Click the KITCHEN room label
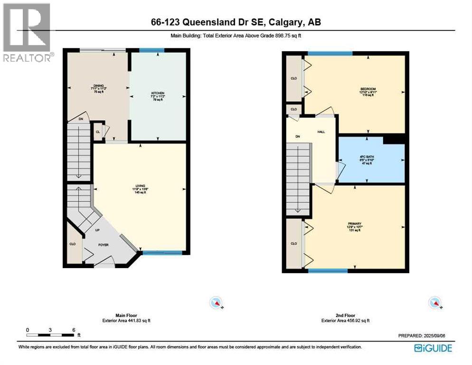click(158, 93)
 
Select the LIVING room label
click(139, 185)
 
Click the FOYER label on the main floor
click(103, 245)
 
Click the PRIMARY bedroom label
click(355, 223)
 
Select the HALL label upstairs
click(321, 132)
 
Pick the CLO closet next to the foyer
click(73, 243)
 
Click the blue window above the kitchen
click(151, 50)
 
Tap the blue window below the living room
click(162, 253)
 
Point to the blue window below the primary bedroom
click(328, 271)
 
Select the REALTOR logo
click(27, 32)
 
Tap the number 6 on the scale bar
click(74, 330)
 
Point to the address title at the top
click(236, 23)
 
